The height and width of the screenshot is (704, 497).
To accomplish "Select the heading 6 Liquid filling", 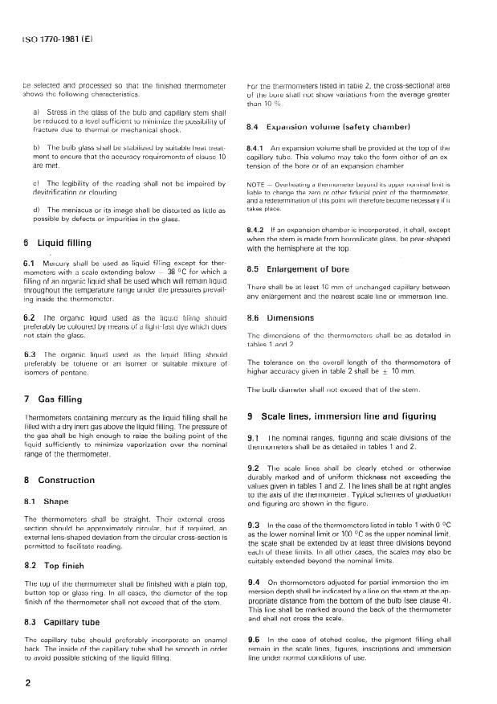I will (x=58, y=242).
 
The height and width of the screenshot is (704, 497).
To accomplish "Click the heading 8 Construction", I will (x=61, y=480).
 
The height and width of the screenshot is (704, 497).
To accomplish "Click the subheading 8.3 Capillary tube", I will (x=63, y=621).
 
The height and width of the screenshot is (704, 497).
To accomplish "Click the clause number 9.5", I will (x=255, y=639).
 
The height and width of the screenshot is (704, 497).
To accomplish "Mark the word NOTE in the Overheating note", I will (x=258, y=184).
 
